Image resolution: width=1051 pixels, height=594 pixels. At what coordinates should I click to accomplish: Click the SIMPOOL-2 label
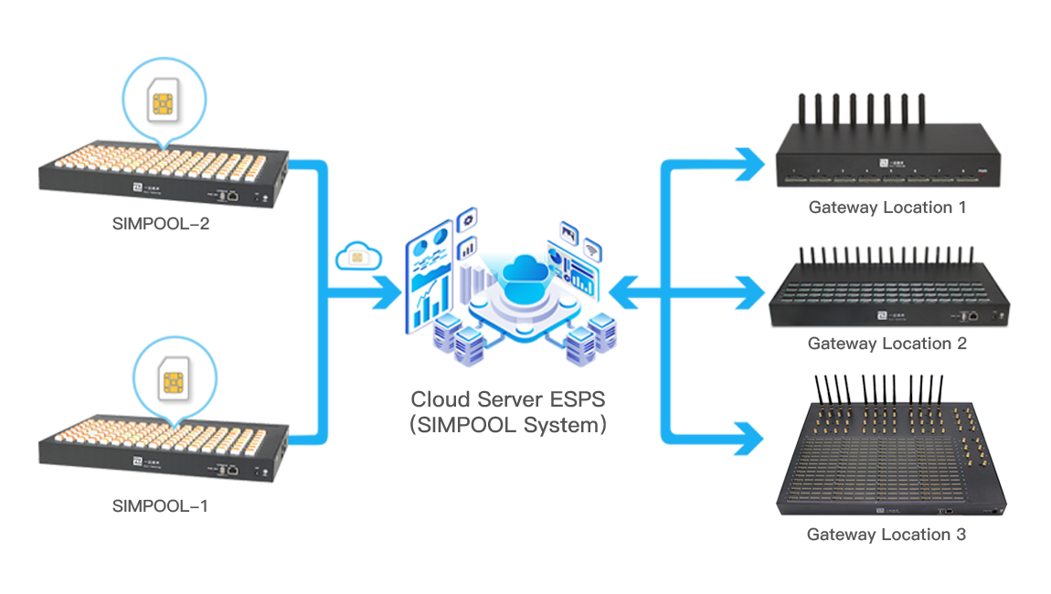click(x=161, y=223)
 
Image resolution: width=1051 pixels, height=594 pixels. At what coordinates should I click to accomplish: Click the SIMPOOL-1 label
click(x=160, y=505)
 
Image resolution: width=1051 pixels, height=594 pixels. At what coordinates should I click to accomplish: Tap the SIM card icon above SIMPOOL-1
click(x=174, y=379)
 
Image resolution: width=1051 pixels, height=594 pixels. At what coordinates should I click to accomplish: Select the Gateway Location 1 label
click(x=886, y=207)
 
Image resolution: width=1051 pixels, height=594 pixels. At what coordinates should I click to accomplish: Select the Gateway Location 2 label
click(x=886, y=344)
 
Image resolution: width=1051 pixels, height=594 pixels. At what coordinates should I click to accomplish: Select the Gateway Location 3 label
click(x=886, y=535)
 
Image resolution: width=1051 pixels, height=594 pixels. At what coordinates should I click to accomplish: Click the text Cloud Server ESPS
click(x=508, y=399)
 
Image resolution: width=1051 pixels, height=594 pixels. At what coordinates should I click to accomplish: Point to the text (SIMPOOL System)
click(x=508, y=425)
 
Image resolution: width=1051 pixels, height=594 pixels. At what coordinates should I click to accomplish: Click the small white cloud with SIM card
click(x=358, y=258)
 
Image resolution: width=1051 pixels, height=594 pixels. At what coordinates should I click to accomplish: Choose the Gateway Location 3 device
click(x=891, y=452)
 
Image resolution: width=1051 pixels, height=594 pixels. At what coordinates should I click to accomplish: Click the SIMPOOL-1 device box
click(x=165, y=452)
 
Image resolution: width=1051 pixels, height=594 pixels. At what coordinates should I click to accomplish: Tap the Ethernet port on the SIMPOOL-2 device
click(x=234, y=195)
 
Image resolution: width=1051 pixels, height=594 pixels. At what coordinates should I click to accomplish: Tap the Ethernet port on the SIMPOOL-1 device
click(x=234, y=469)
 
